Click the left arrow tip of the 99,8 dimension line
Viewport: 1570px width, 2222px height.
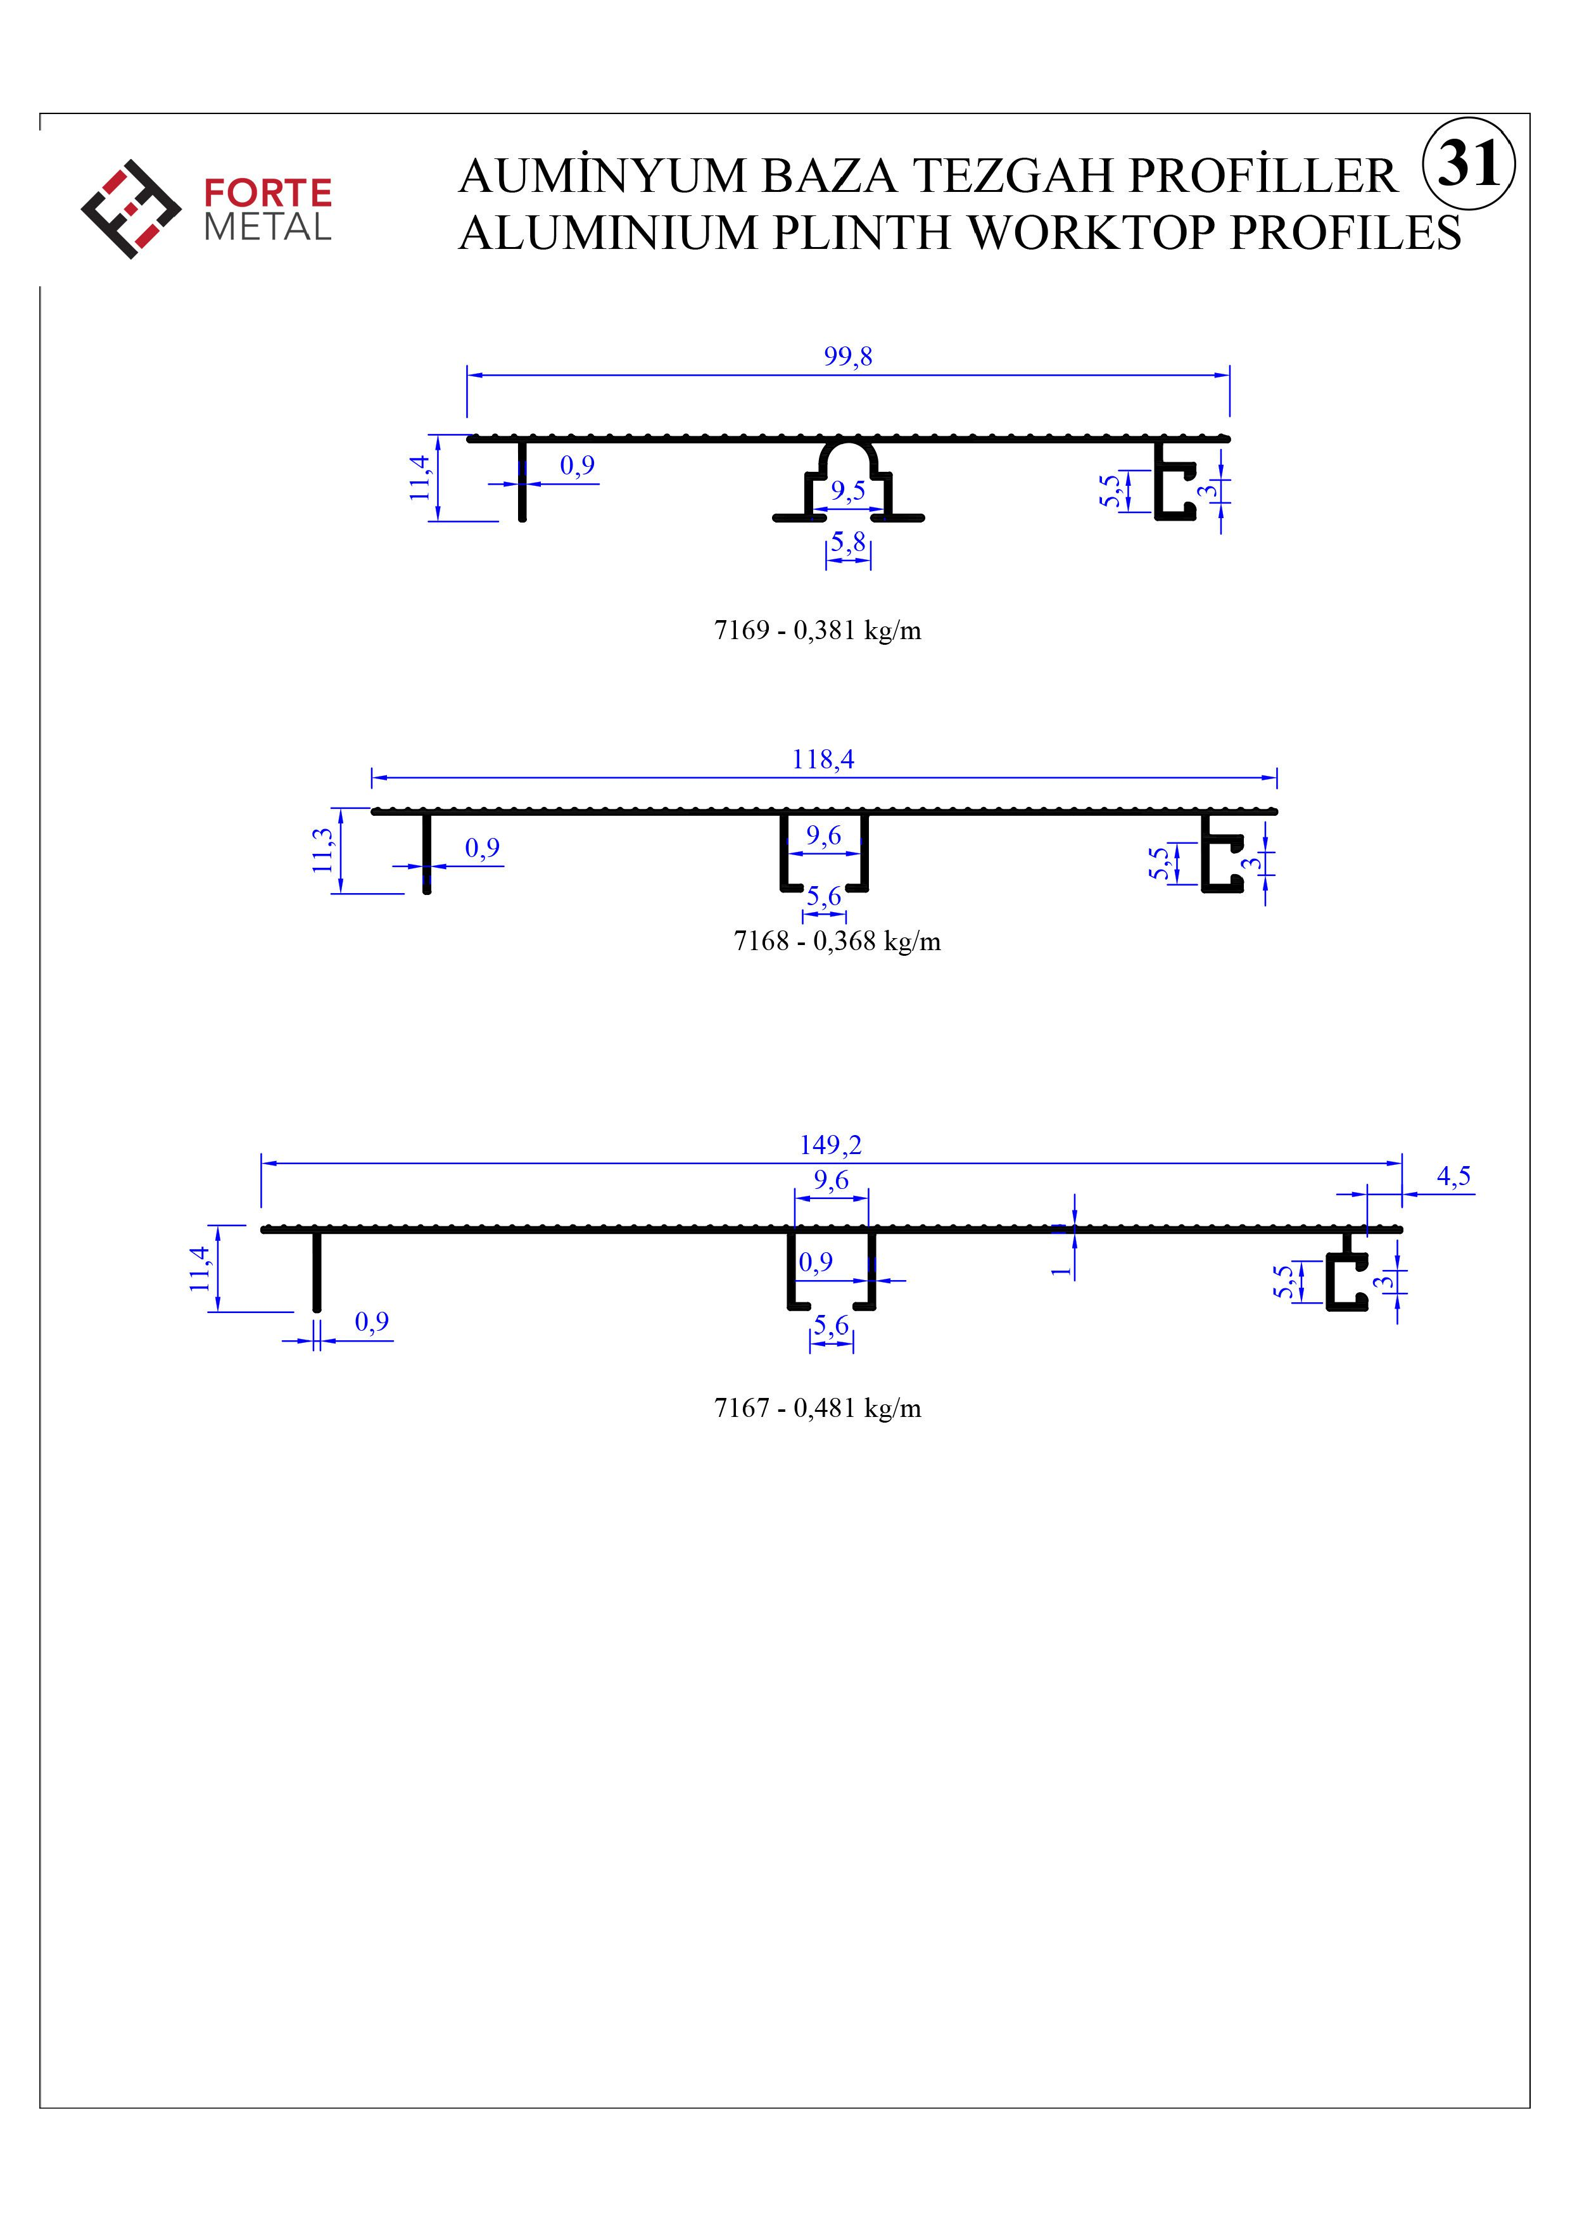[467, 374]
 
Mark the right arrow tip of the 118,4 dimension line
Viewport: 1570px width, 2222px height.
[1277, 777]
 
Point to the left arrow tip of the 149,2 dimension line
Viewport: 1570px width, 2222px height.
[262, 1164]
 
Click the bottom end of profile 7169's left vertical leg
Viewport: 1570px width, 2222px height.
[522, 519]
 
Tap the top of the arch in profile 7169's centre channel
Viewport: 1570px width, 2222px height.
[849, 440]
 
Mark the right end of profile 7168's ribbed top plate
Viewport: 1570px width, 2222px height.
[1276, 811]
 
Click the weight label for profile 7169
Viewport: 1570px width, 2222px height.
[818, 631]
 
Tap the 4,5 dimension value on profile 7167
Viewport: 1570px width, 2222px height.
[1453, 1177]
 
